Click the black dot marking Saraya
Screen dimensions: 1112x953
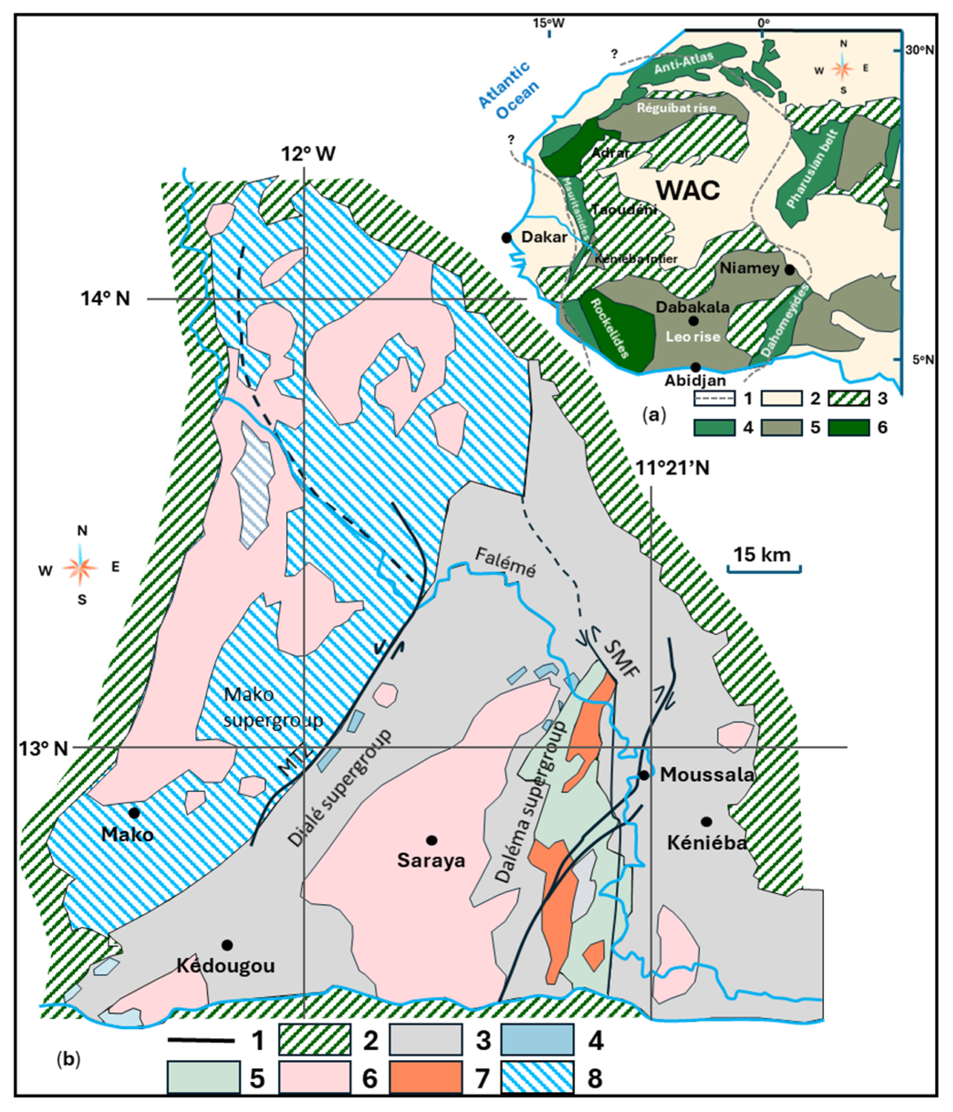[x=431, y=840]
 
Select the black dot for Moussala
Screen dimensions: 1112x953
[x=644, y=775]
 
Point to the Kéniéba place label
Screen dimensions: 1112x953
[x=707, y=843]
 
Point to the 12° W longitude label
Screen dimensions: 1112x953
[x=309, y=154]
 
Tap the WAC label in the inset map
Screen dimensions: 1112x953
[x=689, y=191]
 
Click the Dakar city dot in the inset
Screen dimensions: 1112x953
[x=506, y=237]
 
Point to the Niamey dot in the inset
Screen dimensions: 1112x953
[x=789, y=269]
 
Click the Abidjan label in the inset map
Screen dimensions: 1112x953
[x=695, y=380]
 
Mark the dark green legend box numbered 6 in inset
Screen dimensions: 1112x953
[x=849, y=428]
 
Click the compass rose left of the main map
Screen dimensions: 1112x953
[x=81, y=567]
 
